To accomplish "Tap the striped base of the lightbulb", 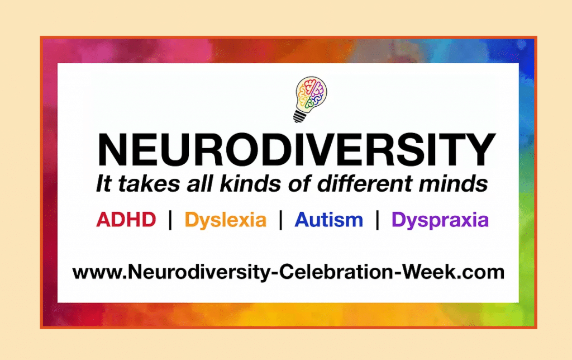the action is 299,116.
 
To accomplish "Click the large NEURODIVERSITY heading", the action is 296,150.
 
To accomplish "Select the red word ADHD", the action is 126,220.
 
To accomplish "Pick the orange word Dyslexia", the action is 226,220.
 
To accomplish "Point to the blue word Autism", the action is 328,220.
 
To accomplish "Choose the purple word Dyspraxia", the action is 440,220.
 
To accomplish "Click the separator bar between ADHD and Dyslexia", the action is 170,220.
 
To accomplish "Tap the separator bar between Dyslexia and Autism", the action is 280,220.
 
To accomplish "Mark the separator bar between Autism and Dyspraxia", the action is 378,220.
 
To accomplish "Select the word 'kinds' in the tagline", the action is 250,183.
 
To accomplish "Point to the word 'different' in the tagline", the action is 365,183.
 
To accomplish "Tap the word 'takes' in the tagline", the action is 149,183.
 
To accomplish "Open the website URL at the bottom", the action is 288,272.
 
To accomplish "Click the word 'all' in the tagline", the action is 199,183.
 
